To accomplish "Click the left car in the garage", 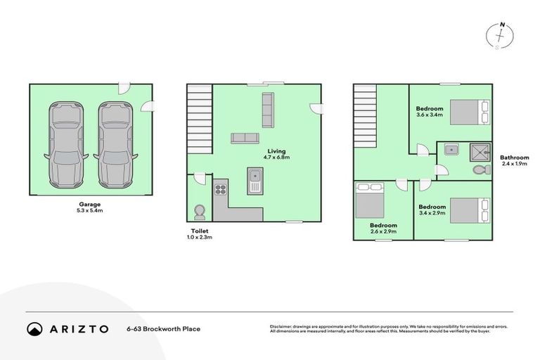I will (65, 145).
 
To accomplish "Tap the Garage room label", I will (89, 205).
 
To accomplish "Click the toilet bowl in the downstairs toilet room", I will (199, 211).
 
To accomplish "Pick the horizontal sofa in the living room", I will (245, 138).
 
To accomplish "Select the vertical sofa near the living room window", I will (267, 109).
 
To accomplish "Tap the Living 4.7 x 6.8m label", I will (276, 154).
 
